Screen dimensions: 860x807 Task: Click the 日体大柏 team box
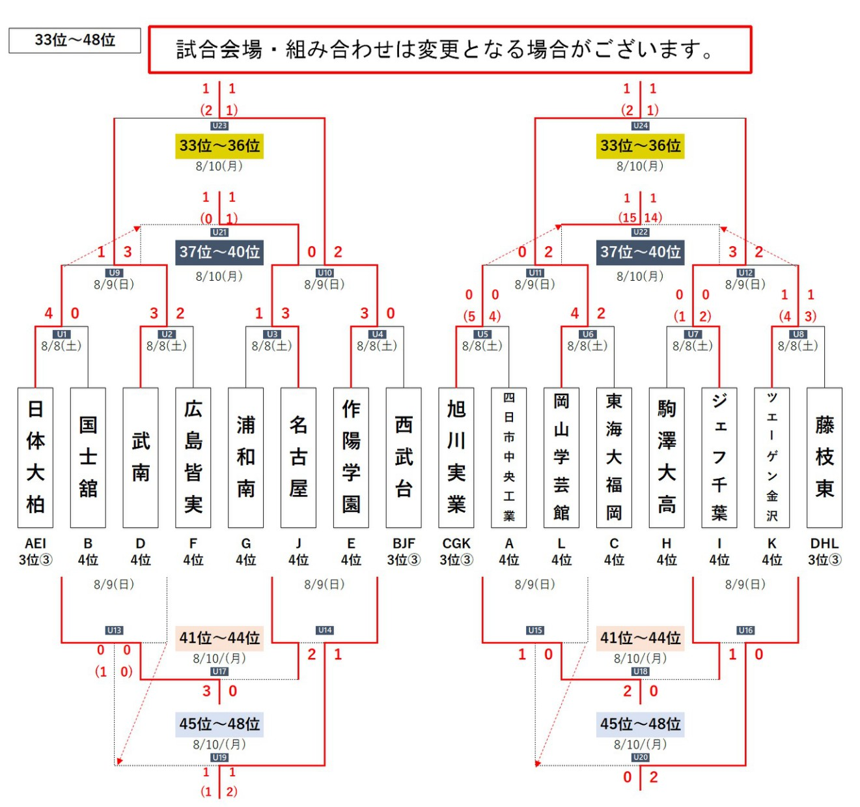pos(36,457)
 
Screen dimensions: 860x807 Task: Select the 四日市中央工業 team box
pos(509,457)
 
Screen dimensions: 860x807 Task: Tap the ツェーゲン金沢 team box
pos(771,457)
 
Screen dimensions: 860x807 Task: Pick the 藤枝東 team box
pos(824,457)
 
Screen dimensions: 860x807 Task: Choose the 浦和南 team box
pos(246,457)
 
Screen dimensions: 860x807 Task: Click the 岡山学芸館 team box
pos(562,457)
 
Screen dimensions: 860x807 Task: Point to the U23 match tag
pos(219,126)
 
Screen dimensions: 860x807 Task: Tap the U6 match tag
pos(588,334)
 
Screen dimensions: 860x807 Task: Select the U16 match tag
pos(745,630)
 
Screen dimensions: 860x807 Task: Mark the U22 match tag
pos(641,233)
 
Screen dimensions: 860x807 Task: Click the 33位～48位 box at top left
pos(75,40)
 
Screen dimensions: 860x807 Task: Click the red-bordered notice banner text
pos(445,50)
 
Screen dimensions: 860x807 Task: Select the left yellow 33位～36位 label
pos(219,146)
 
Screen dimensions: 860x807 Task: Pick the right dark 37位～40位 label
pos(641,252)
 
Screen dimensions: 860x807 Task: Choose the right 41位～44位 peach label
pos(641,638)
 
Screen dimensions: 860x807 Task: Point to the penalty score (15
pos(627,218)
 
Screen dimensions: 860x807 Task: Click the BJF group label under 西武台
pos(404,543)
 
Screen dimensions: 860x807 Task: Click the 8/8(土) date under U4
pos(377,346)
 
